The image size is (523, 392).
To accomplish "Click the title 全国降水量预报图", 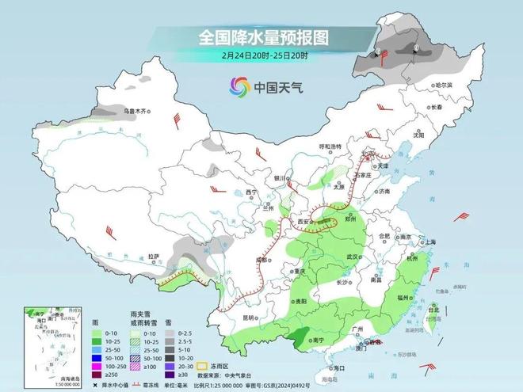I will coord(262,37).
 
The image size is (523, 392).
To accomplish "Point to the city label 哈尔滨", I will coord(448,85).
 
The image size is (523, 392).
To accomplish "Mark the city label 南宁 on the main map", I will coord(318,339).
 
